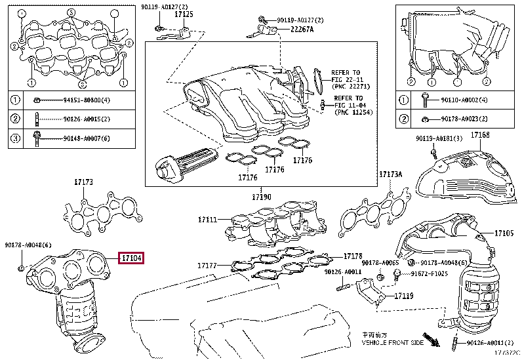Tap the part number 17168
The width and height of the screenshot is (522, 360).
point(480,135)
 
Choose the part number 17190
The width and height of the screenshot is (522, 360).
point(261,197)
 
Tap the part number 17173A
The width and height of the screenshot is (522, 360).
point(391,174)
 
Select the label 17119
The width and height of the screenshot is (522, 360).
point(405,296)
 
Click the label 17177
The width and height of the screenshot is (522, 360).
point(207,266)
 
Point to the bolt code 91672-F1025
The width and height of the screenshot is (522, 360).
point(432,276)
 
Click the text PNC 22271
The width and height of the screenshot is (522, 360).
point(353,86)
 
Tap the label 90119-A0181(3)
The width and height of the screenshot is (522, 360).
point(439,138)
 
